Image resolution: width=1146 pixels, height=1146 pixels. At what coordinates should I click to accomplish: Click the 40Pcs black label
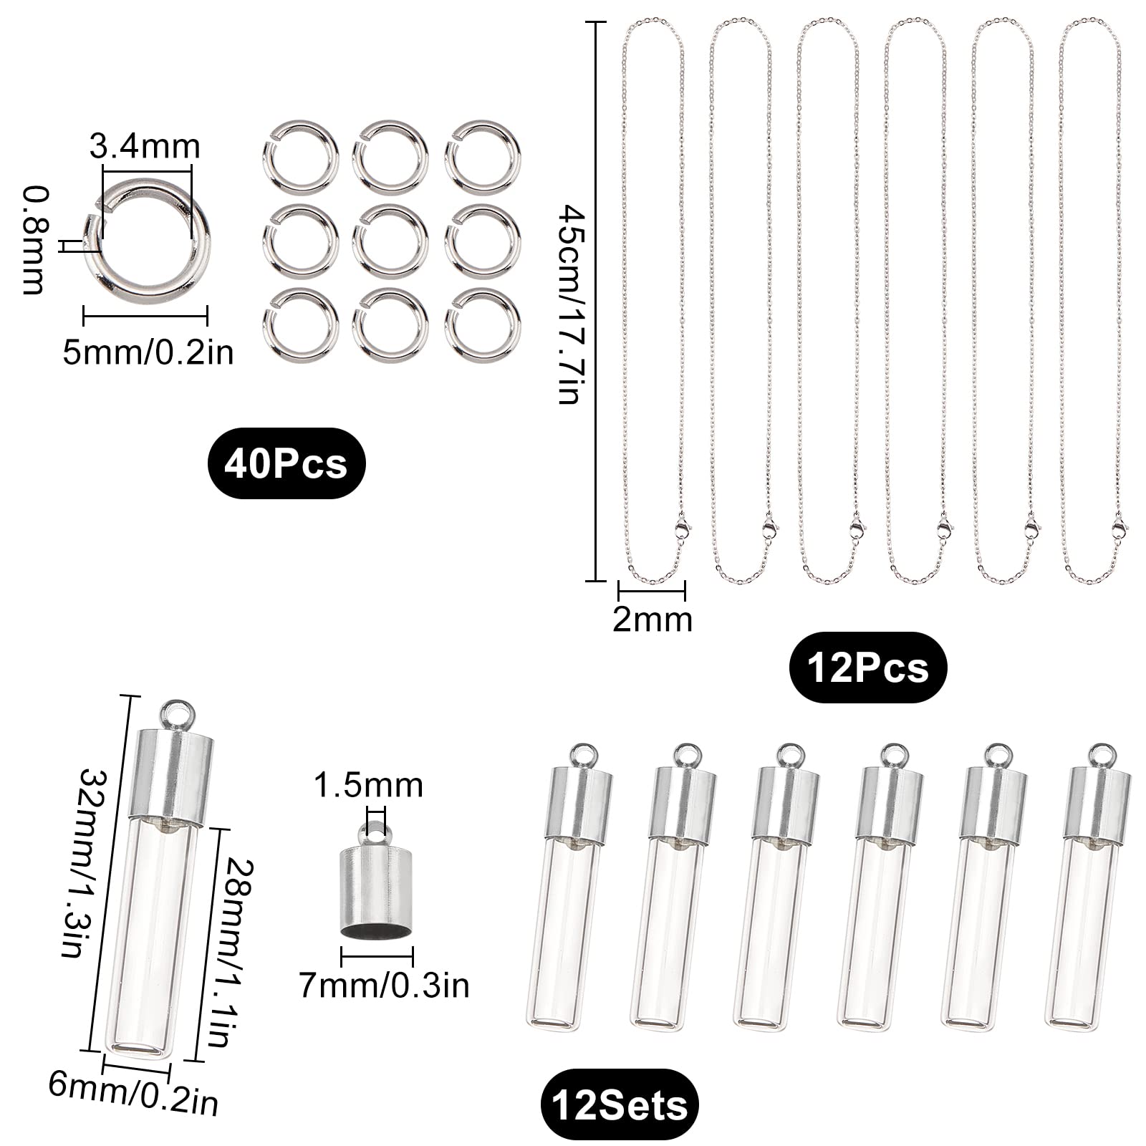286,464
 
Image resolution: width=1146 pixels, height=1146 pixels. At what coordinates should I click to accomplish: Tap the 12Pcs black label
867,668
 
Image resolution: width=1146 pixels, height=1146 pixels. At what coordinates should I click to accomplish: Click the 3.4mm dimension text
145,147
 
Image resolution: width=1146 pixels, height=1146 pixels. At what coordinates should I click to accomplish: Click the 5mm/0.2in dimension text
148,352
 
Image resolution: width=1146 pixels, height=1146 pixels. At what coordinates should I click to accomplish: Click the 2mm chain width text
653,619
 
